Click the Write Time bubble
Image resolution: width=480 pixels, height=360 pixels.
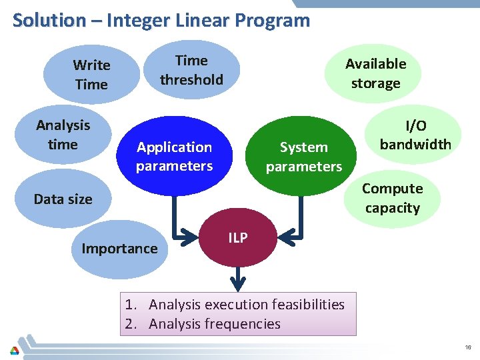(x=91, y=75)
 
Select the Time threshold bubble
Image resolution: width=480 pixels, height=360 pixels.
(x=191, y=70)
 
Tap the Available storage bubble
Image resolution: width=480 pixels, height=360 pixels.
(x=375, y=73)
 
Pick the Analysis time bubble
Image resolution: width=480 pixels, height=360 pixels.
(x=63, y=135)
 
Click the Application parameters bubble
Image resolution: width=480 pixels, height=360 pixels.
(x=174, y=156)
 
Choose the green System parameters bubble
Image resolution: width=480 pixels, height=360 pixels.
(x=303, y=156)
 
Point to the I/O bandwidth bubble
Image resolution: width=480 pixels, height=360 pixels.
(x=415, y=135)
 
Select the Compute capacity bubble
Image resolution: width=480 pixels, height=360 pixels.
(x=392, y=198)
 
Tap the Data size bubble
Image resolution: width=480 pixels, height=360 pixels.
(x=63, y=199)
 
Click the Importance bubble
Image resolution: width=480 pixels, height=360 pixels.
(x=119, y=249)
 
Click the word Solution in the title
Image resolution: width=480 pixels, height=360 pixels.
(x=49, y=20)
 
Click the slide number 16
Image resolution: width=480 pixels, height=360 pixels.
(x=469, y=348)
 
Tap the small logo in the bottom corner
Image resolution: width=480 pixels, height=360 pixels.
(x=14, y=349)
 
